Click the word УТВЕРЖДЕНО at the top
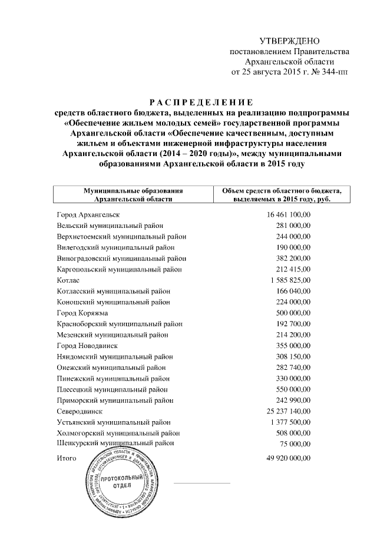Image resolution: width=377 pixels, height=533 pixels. pyautogui.click(x=289, y=41)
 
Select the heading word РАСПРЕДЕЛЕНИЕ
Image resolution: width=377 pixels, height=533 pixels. pyautogui.click(x=188, y=102)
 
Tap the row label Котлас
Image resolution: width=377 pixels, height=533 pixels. pyautogui.click(x=69, y=280)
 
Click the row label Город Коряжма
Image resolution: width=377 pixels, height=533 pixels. pyautogui.click(x=82, y=313)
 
